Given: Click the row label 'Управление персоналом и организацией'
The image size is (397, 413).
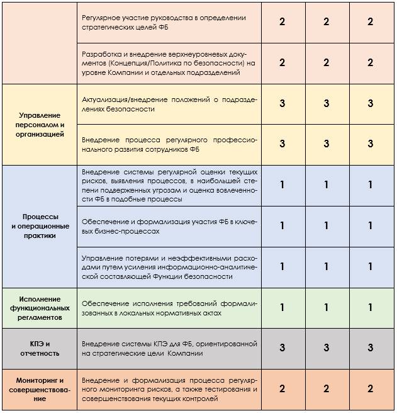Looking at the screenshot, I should [x=39, y=125].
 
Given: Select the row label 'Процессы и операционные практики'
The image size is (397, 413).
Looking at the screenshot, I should [x=39, y=225].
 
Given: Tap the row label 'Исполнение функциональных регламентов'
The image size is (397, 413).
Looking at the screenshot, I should [x=39, y=308].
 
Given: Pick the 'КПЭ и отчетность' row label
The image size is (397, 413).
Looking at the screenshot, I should [x=39, y=348].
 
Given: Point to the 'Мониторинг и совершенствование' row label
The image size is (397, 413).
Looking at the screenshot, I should [x=39, y=389].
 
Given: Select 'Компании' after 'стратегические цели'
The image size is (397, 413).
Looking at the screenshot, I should [x=186, y=353].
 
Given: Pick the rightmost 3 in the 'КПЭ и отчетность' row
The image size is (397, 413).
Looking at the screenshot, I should [x=371, y=348].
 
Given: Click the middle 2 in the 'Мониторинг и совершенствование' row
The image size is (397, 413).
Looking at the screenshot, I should [x=326, y=389].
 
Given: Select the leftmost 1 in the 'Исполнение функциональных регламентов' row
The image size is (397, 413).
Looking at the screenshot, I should [x=282, y=308].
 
